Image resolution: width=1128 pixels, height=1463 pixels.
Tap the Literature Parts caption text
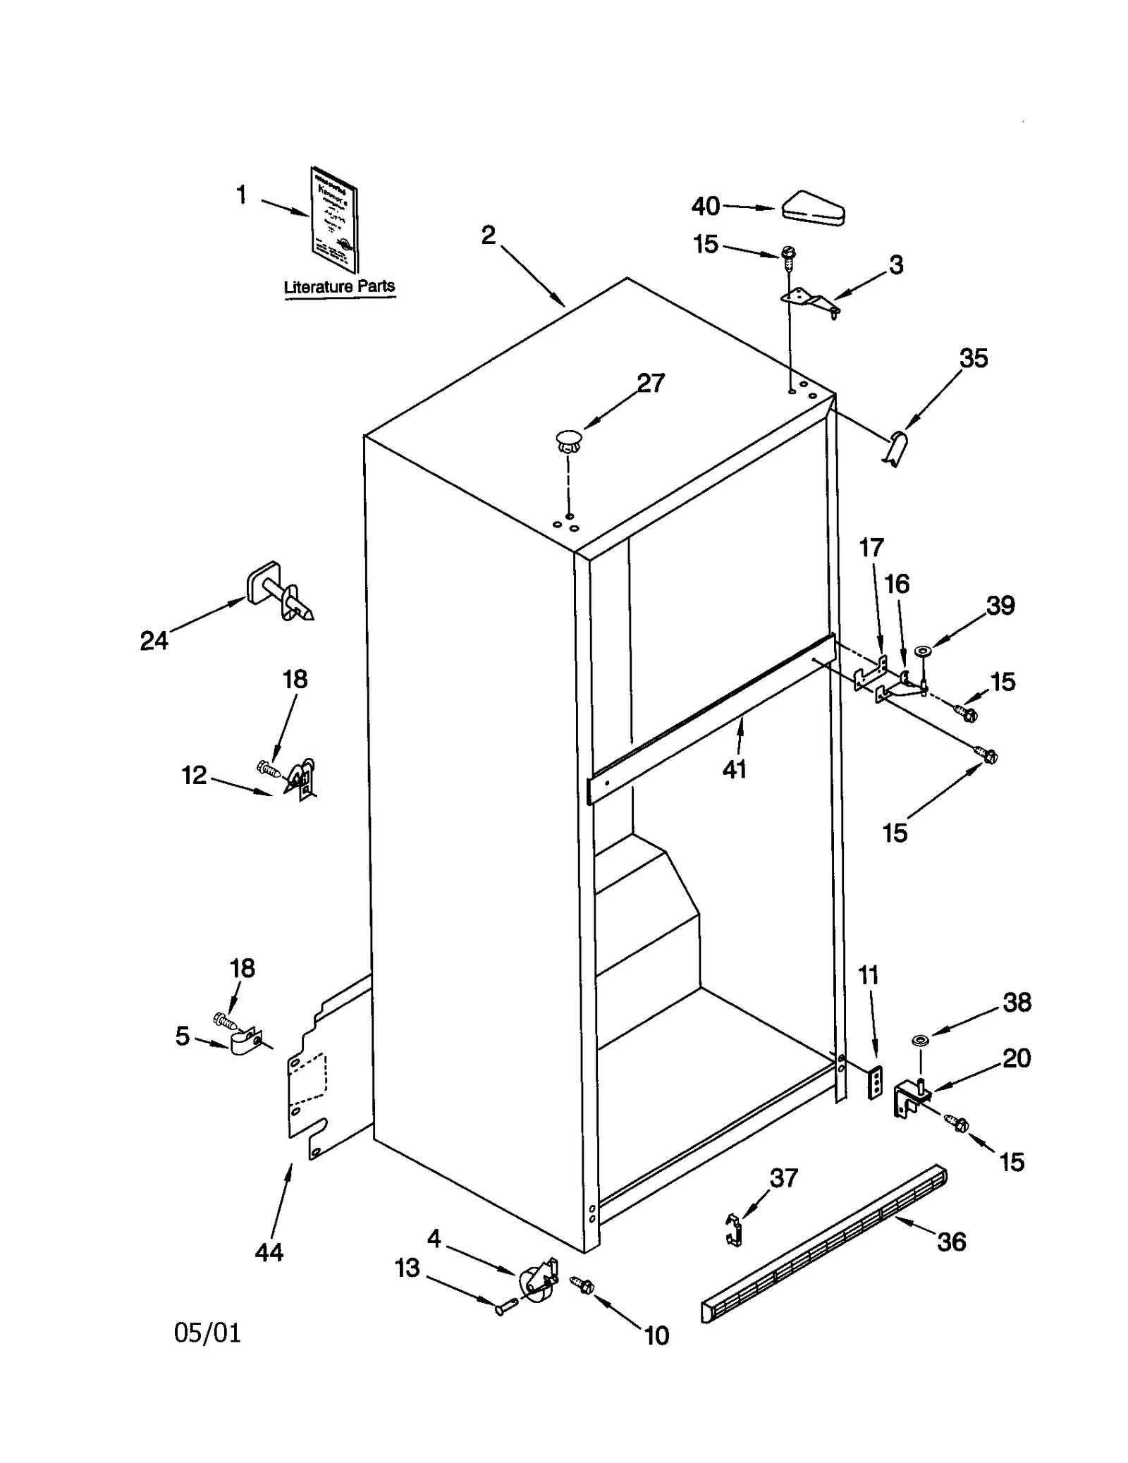(339, 287)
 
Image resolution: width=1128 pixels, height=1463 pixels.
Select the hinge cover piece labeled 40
(813, 209)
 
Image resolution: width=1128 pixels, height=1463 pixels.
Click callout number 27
(650, 384)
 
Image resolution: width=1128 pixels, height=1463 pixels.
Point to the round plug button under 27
(568, 441)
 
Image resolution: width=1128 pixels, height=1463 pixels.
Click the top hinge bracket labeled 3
(811, 301)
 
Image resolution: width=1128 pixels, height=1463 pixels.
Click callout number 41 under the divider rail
(734, 769)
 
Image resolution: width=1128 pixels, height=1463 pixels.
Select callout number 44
(269, 1252)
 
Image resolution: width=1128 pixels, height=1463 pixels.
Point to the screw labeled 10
(582, 1285)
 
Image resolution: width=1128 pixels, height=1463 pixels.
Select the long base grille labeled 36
(825, 1244)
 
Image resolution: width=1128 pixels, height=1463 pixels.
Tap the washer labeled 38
(919, 1040)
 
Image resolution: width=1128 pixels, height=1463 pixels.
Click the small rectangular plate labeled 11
(875, 1082)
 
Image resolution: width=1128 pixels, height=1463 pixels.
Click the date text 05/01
(207, 1333)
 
